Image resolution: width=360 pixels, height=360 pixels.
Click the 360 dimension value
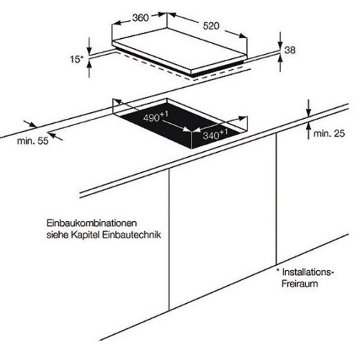tap(140, 18)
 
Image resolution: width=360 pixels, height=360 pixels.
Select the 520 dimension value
tap(211, 26)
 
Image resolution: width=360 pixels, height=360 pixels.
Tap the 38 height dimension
tap(290, 50)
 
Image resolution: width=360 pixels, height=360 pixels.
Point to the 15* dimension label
tap(76, 59)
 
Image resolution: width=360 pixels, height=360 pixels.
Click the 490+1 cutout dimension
tap(156, 117)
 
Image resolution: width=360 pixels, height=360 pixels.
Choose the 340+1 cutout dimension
tap(215, 135)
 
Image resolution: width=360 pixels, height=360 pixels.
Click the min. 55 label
tap(32, 141)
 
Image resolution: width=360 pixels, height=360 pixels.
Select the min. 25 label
tap(329, 133)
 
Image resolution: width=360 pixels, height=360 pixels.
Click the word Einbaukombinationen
tap(91, 223)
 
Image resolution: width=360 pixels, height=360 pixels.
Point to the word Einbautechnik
tap(132, 235)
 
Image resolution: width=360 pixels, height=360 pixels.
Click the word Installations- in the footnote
tap(308, 272)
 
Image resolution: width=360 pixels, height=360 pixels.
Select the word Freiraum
tap(300, 284)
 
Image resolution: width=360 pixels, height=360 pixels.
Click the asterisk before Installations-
tap(278, 270)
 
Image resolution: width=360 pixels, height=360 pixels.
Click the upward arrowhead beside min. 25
tap(309, 127)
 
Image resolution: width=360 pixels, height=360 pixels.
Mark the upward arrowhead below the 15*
tap(89, 64)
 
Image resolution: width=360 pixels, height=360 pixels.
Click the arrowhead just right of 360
tap(161, 15)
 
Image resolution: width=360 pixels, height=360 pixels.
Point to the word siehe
tap(57, 235)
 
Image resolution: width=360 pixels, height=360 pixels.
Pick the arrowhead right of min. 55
tap(52, 134)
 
